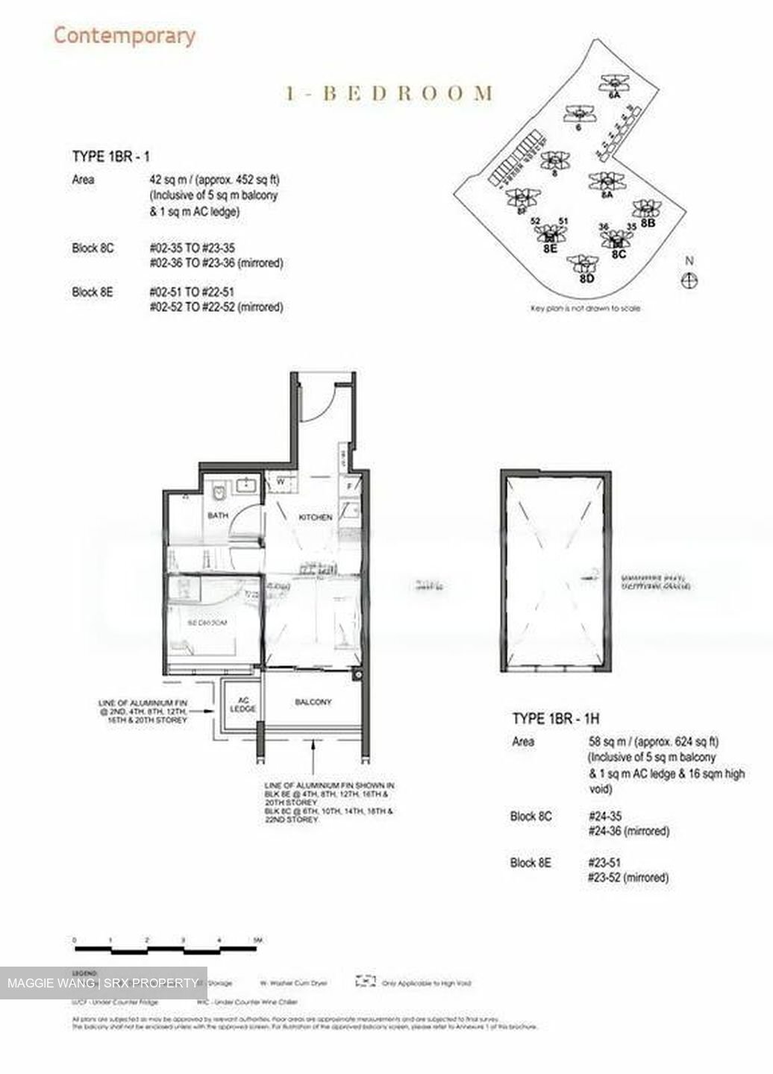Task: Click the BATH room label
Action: [x=218, y=515]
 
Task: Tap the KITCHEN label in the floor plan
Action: [x=315, y=517]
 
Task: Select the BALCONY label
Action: [x=313, y=702]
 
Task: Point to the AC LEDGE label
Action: [x=242, y=705]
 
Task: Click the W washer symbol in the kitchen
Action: [x=281, y=482]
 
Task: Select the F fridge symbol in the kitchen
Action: [x=349, y=488]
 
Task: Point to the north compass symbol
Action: [x=690, y=280]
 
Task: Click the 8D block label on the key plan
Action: [x=586, y=279]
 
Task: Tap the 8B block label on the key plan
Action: [x=647, y=222]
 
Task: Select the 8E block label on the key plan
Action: [x=550, y=249]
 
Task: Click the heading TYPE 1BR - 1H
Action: [x=555, y=719]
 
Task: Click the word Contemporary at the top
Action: [x=125, y=35]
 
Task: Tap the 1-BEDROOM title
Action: [x=389, y=93]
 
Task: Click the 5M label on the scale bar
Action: [x=257, y=940]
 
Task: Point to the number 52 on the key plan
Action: [x=535, y=221]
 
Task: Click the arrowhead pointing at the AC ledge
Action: [x=219, y=711]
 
